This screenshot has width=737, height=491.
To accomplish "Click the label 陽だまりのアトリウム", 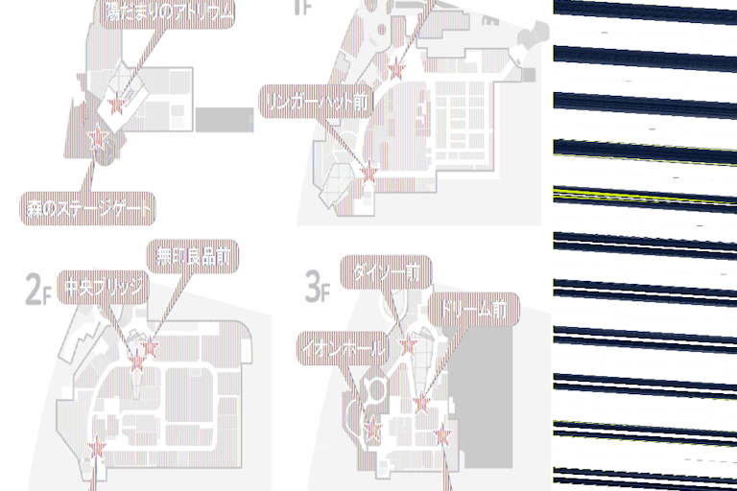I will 168,12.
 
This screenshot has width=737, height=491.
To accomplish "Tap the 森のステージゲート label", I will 88,206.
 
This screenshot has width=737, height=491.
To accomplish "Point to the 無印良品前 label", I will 192,256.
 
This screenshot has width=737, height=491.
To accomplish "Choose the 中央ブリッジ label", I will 103,288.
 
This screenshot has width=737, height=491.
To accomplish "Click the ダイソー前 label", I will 386,272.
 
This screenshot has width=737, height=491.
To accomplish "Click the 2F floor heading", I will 37,288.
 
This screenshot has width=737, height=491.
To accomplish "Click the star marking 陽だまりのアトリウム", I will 118,105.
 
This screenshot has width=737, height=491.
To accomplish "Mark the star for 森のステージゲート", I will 97,139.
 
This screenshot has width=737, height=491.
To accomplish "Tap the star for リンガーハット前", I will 369,172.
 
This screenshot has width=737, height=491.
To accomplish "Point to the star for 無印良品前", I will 149,346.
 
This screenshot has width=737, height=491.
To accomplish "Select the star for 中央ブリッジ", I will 136,362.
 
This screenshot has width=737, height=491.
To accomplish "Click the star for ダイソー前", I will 408,343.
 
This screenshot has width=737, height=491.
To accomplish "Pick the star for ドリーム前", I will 420,402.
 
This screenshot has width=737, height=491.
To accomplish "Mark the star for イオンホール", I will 373,431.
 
